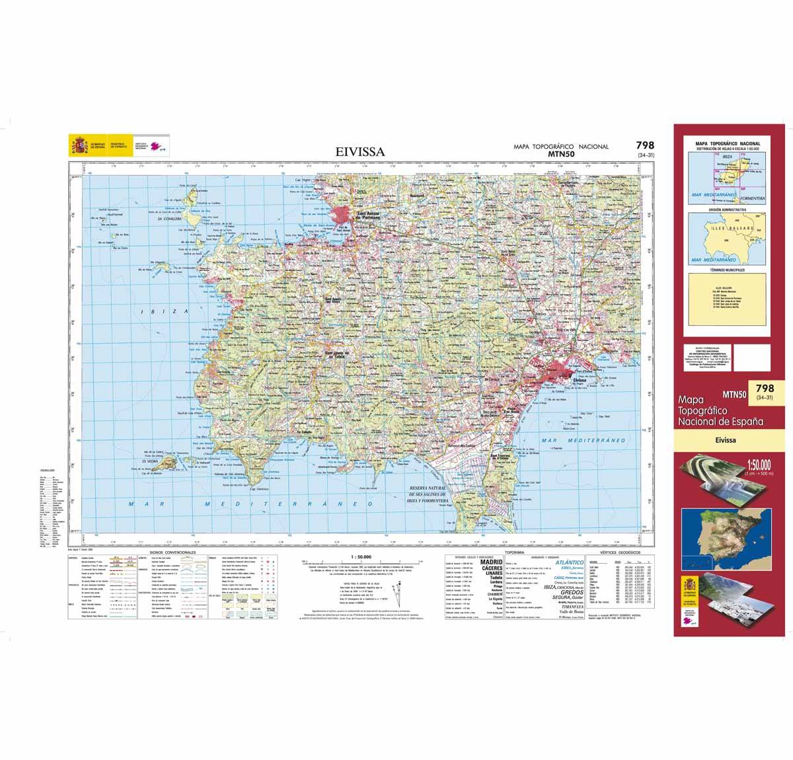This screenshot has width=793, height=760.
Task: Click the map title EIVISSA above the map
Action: tap(360, 152)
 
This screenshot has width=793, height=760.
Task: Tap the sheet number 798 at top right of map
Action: tap(645, 146)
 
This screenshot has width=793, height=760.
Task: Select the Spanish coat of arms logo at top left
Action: tap(78, 144)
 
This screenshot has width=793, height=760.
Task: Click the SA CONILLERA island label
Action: tap(169, 218)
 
